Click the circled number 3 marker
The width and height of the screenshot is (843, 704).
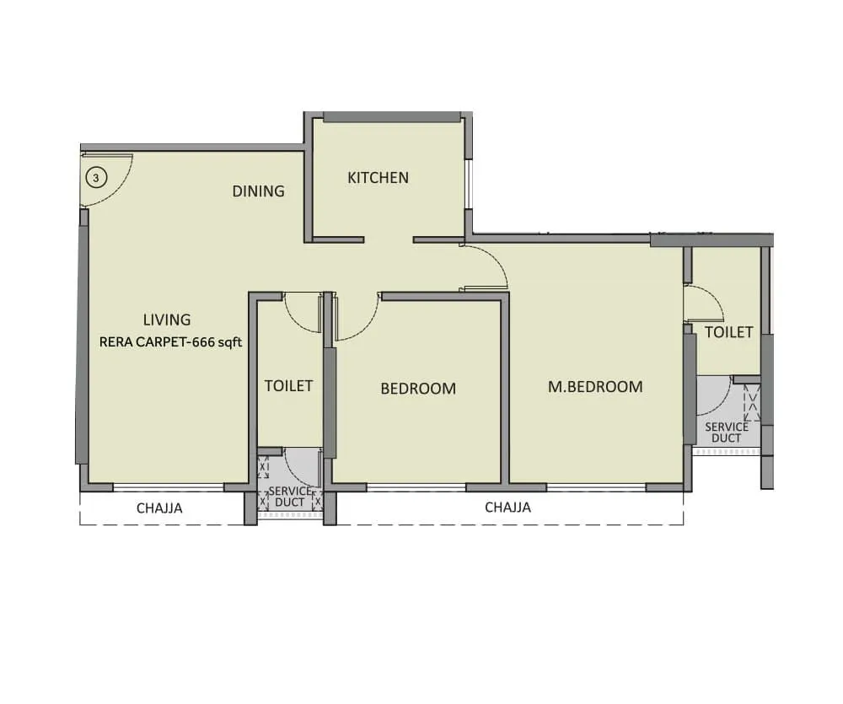(x=97, y=178)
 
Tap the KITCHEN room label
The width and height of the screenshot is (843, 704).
(x=379, y=178)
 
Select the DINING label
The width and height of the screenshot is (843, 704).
(x=259, y=191)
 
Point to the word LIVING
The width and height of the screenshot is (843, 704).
(x=167, y=320)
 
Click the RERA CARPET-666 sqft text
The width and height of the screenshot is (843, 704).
(x=171, y=342)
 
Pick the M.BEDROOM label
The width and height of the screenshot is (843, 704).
(x=595, y=387)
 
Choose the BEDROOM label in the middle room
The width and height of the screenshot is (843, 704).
(x=418, y=389)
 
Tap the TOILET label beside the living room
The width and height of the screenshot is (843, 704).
(x=288, y=386)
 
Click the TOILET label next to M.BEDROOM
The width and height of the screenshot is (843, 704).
(x=728, y=332)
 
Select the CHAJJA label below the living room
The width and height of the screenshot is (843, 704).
(x=160, y=508)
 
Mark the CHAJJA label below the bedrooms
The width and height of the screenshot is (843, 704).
(x=507, y=508)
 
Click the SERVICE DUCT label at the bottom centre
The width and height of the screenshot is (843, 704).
(x=289, y=497)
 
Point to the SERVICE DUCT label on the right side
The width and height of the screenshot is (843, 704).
(x=726, y=433)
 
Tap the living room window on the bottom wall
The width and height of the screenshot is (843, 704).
(x=169, y=487)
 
